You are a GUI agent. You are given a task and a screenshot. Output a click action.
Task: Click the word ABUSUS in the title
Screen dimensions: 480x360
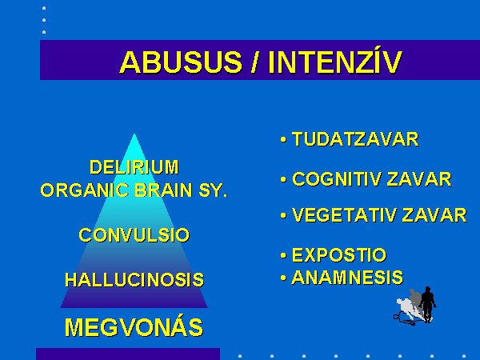tap(181, 62)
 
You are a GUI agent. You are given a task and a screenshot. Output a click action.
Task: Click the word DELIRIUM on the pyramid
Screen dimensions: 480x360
tap(134, 167)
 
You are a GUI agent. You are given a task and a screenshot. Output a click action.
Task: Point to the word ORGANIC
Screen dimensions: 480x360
tap(85, 190)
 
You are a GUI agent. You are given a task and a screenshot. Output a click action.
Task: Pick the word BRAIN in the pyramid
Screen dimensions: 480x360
tap(163, 190)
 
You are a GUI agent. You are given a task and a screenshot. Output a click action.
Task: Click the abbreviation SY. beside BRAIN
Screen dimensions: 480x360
tap(214, 190)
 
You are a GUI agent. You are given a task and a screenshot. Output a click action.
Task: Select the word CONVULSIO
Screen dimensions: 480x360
tap(134, 235)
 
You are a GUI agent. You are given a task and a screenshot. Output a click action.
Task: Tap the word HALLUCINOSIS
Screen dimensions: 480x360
tap(134, 280)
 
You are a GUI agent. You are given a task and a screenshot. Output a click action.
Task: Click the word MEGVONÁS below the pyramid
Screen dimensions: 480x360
tap(134, 326)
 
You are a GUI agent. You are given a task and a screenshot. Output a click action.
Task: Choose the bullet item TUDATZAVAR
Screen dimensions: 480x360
tap(355, 139)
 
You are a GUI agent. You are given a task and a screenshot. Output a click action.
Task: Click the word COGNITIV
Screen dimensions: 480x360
tap(338, 179)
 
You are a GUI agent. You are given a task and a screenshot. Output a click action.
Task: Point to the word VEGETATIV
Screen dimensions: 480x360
tap(345, 215)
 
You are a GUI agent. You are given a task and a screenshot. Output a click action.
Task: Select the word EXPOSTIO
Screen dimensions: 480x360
tap(339, 255)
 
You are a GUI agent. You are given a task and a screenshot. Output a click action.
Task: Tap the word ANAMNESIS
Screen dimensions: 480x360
tap(347, 278)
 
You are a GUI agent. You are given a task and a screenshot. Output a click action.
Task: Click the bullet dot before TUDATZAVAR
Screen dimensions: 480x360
tap(283, 140)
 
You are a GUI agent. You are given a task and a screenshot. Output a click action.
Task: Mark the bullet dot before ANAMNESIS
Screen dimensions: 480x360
tap(283, 278)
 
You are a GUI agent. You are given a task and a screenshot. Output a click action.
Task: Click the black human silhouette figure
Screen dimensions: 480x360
tap(427, 305)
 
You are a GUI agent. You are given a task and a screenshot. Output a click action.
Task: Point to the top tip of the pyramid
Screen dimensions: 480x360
tap(134, 134)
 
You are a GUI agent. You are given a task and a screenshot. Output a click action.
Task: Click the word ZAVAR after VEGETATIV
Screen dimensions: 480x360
tap(434, 215)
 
